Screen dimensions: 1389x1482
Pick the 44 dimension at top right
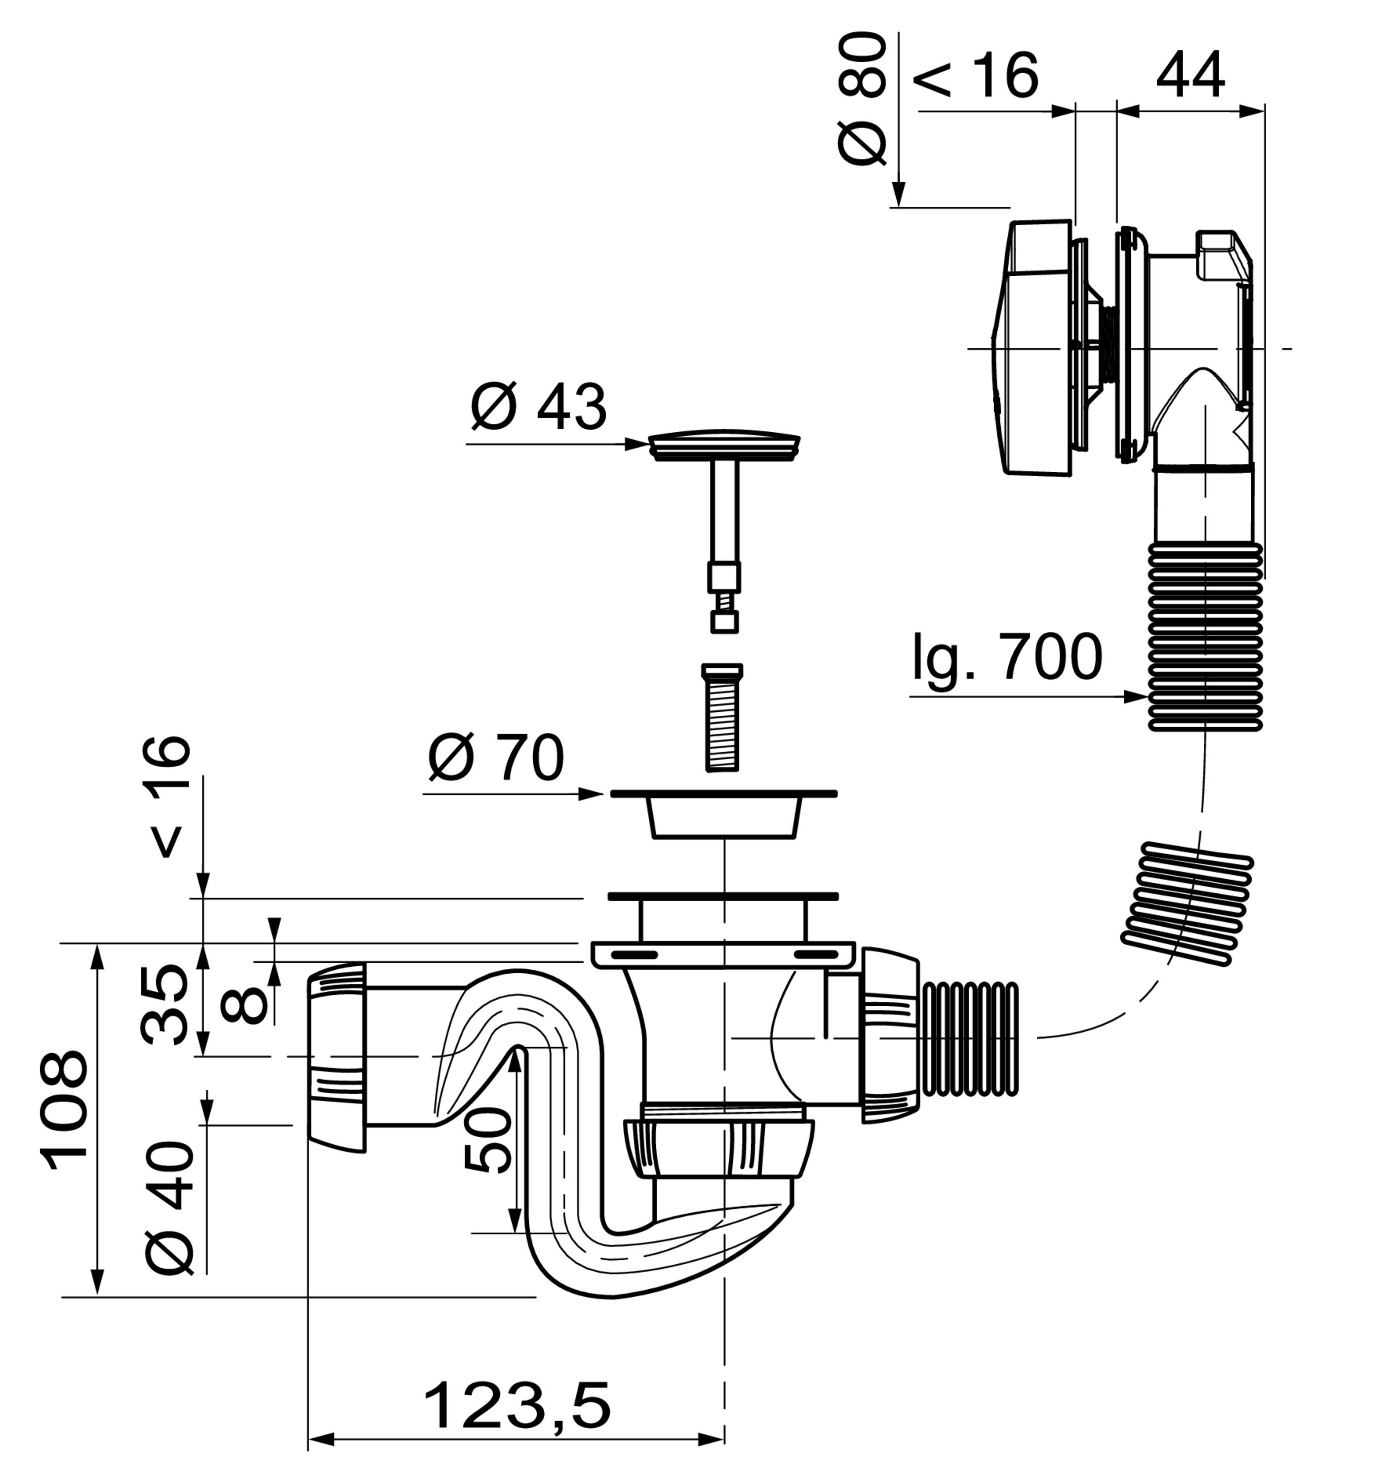coord(1190,75)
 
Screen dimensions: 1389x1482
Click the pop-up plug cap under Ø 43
coord(724,445)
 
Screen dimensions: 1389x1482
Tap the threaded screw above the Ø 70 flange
coord(722,718)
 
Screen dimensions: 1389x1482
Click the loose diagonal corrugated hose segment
coord(1188,904)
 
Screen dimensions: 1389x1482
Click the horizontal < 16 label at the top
coord(975,75)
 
